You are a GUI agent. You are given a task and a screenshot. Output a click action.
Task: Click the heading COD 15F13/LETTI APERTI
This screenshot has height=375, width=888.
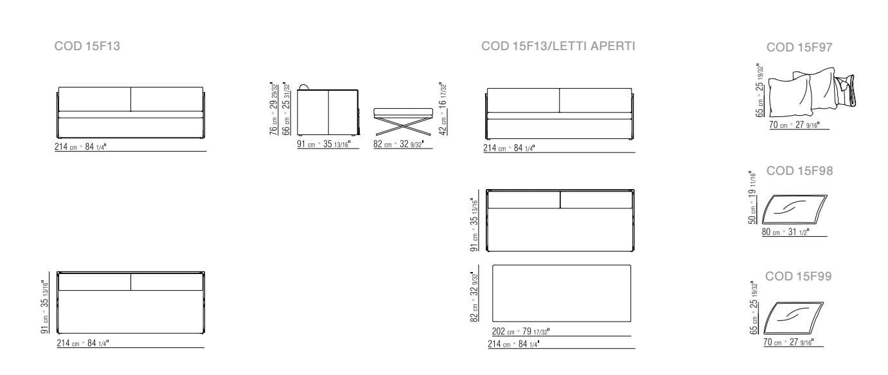[x=558, y=46]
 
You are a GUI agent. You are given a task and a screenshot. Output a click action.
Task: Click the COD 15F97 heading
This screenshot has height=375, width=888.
[x=799, y=48]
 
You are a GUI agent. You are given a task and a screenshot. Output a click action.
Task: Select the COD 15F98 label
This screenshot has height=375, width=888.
[x=799, y=171]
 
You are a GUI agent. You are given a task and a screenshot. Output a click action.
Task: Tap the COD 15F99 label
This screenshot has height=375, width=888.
[x=799, y=277]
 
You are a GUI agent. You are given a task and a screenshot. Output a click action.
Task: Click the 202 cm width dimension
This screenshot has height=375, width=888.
[x=520, y=332]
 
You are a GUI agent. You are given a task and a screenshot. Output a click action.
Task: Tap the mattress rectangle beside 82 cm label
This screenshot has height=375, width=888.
[x=561, y=293]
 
